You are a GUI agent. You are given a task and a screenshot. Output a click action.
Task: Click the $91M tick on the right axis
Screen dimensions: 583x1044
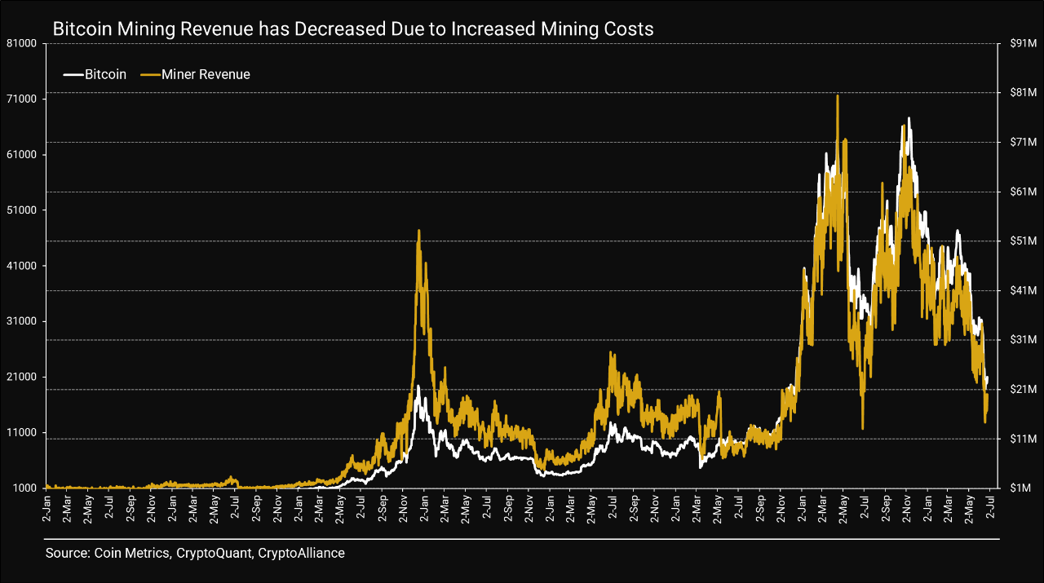1023,43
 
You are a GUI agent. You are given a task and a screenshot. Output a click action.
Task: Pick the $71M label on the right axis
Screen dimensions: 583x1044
1023,142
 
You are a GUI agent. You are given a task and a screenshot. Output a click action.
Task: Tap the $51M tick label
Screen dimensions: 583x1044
1023,241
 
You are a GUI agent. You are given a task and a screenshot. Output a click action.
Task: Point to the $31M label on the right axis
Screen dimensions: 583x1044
1023,340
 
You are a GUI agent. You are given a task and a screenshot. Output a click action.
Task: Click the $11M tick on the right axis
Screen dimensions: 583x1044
1023,439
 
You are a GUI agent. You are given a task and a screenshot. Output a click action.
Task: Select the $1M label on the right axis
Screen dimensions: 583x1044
1025,488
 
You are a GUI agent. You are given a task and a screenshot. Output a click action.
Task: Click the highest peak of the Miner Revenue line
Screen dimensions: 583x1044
838,96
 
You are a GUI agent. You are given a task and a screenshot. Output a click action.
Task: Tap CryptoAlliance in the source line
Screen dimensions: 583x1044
301,554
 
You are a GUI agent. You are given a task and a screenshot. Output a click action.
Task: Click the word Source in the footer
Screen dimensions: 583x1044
66,554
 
